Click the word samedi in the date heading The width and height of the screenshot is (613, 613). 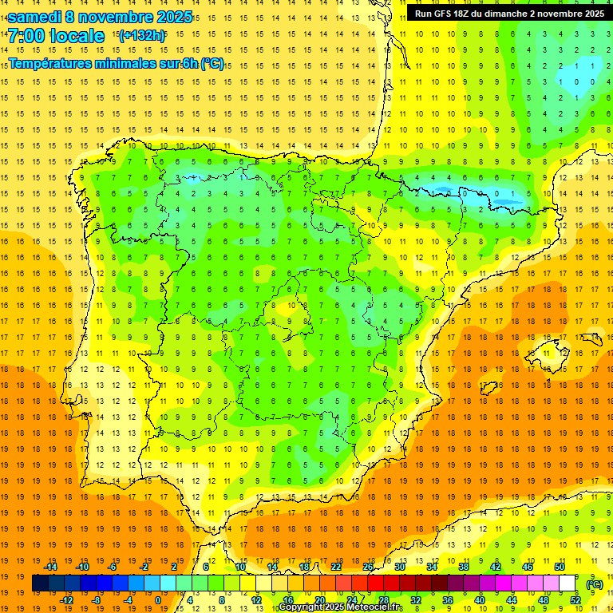click(35, 17)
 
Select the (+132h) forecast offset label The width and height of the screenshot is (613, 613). click(141, 36)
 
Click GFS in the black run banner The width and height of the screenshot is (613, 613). click(446, 14)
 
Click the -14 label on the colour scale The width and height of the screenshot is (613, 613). click(51, 567)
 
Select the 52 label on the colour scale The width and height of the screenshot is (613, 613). click(575, 600)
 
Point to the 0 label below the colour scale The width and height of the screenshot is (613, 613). click(159, 600)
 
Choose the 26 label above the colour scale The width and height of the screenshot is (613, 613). click(368, 567)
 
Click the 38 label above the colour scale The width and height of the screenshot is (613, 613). click(463, 567)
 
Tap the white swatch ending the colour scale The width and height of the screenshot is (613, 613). click(568, 583)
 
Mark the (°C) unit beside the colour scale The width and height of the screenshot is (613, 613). click(595, 584)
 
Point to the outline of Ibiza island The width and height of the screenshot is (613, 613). click(488, 388)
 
